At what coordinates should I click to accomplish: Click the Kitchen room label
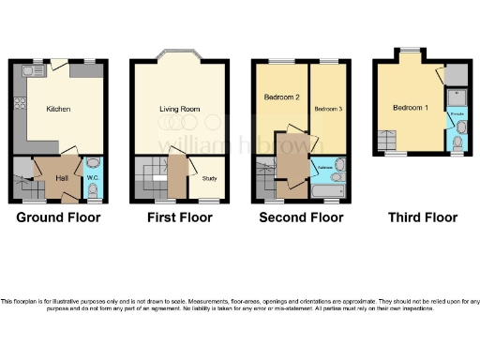58,108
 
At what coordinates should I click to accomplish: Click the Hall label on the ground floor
61,177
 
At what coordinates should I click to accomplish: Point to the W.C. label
92,176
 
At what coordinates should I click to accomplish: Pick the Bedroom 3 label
328,110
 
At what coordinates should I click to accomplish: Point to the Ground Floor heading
59,217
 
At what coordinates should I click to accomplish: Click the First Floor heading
179,217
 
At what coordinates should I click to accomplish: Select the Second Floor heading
300,217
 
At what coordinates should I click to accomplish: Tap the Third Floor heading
423,217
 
